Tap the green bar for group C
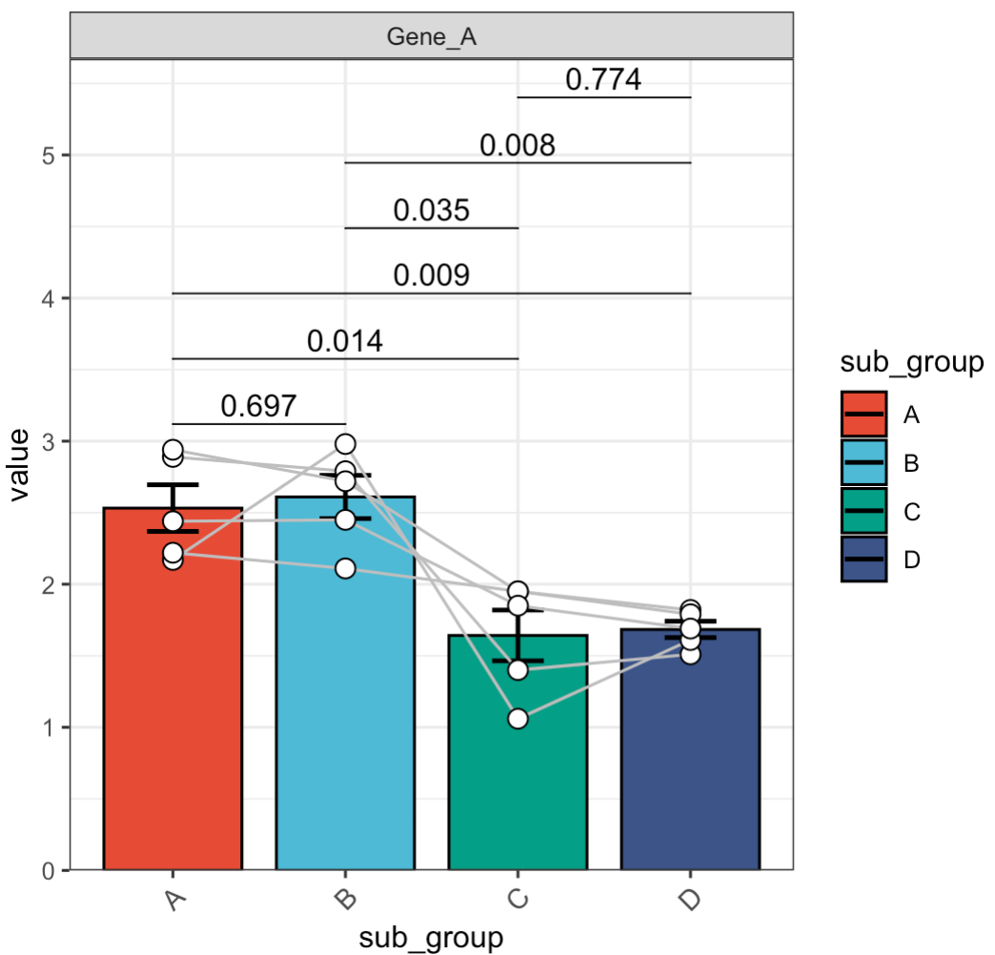coord(518,762)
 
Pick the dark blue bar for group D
coord(690,762)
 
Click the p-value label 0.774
coord(603,80)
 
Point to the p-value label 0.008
coord(517,146)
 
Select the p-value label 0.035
coord(432,211)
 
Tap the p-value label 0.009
coord(432,275)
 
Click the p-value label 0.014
coord(345,341)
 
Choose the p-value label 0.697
coord(259,406)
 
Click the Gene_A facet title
coord(432,37)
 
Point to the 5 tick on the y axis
coord(49,155)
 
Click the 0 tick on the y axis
coord(49,870)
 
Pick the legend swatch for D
coord(864,559)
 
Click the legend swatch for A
coord(864,415)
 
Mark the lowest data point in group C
coord(518,719)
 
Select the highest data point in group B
coord(345,443)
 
